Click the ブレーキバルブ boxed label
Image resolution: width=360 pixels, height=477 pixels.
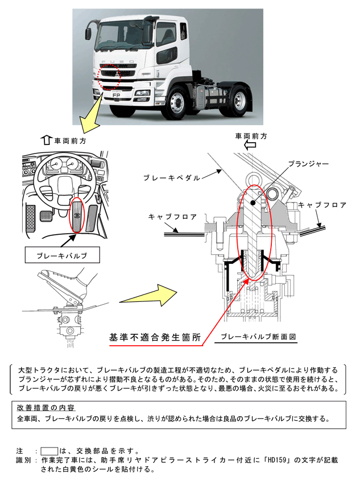click(x=63, y=256)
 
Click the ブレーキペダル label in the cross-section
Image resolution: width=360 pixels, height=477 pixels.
click(x=172, y=178)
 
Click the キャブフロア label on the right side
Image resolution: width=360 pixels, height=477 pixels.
click(x=322, y=205)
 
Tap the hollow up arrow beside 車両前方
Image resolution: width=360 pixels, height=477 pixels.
click(x=47, y=139)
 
